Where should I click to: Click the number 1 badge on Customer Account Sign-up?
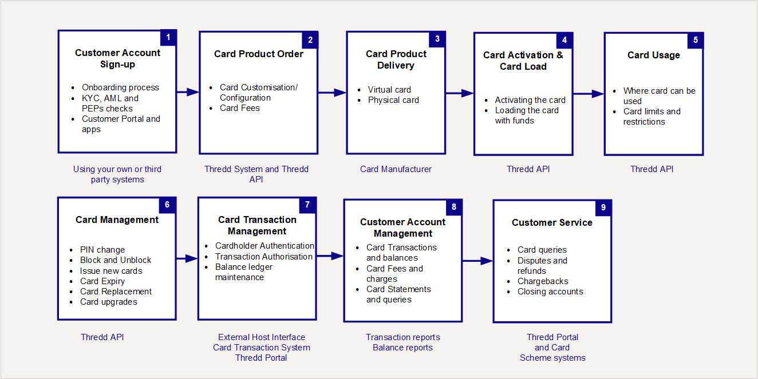(x=168, y=38)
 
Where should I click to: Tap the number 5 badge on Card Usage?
(x=696, y=40)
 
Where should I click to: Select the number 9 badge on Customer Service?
(x=603, y=208)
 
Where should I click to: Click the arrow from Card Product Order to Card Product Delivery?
(x=332, y=93)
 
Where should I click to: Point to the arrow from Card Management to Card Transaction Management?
(x=187, y=259)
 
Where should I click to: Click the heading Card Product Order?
(x=259, y=54)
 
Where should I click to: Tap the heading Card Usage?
(x=653, y=55)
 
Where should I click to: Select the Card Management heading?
(x=117, y=220)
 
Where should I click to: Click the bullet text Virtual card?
(x=389, y=90)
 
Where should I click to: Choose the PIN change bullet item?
(x=102, y=250)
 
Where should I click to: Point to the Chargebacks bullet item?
(x=543, y=281)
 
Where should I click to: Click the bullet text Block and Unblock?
(x=116, y=260)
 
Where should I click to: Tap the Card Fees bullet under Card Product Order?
(x=239, y=108)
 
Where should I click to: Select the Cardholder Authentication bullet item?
(x=264, y=246)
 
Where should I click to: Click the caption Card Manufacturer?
(x=396, y=169)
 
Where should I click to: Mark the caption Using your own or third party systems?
(x=117, y=174)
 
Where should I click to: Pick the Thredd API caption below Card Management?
(x=102, y=337)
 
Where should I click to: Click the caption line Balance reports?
(x=402, y=348)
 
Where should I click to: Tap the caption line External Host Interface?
(x=262, y=337)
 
